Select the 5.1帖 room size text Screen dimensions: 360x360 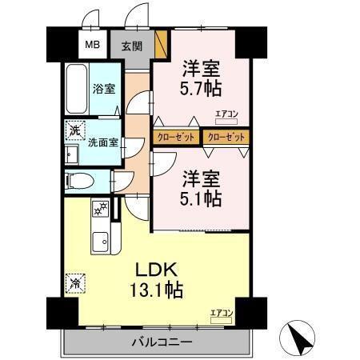point(201,198)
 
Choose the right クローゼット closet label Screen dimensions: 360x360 point(224,137)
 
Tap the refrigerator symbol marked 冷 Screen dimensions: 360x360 point(74,282)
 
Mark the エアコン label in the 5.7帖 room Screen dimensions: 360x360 point(226,114)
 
